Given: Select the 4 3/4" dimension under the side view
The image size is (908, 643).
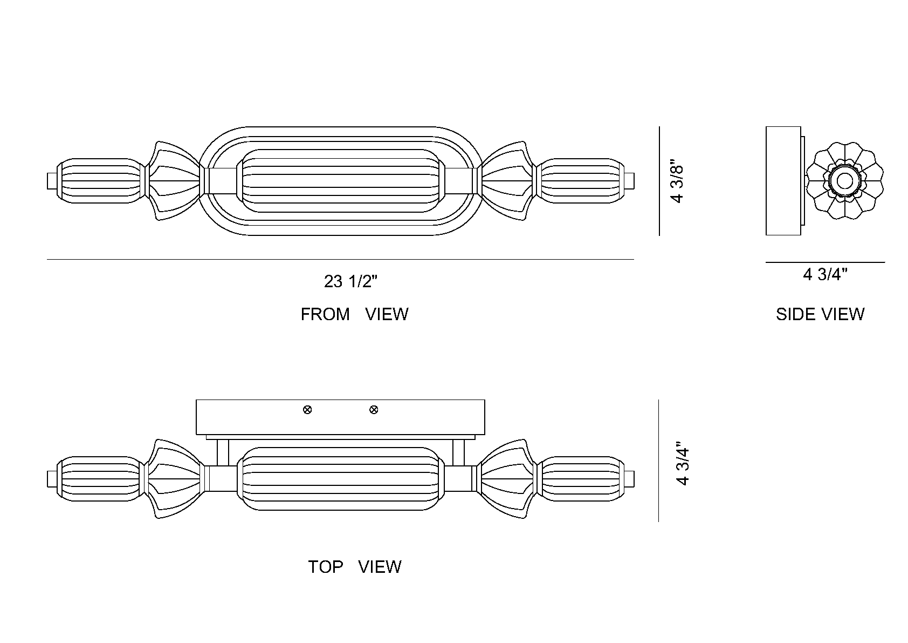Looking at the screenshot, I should click(825, 275).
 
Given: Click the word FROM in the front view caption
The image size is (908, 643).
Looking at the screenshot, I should click(325, 314).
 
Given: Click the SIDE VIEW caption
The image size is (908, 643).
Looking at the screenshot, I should click(820, 314).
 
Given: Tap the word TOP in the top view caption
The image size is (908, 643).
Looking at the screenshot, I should click(325, 567).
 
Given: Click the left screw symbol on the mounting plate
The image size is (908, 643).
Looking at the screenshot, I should click(307, 410).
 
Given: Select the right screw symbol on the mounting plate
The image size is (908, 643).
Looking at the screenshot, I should click(374, 410).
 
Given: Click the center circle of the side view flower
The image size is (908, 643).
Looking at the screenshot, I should click(844, 181).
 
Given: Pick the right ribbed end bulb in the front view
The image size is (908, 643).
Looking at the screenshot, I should click(582, 181).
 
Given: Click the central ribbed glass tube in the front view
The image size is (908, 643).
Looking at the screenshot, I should click(341, 181).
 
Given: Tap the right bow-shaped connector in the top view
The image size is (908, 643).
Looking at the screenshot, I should click(506, 479).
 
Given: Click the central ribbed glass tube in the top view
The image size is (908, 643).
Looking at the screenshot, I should click(341, 479).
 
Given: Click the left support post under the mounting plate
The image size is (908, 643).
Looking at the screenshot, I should click(223, 452).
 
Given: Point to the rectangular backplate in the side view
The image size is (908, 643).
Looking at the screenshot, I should click(783, 181).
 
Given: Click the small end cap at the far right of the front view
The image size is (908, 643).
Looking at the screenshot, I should click(630, 181).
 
